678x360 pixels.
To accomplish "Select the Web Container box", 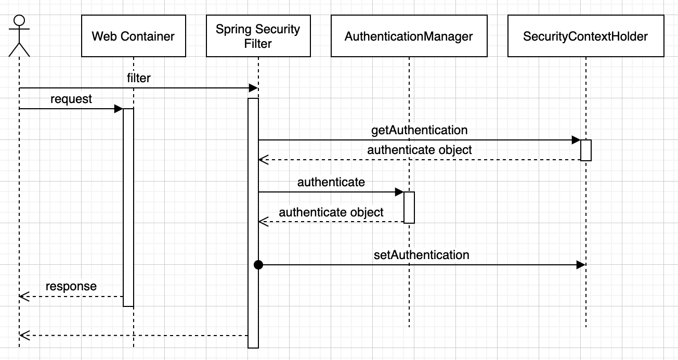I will (133, 36).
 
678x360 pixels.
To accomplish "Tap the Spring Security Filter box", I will (258, 36).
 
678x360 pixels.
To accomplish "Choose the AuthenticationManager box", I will (409, 36).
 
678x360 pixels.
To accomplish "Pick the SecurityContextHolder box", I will (585, 36).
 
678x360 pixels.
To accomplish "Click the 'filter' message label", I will (138, 78).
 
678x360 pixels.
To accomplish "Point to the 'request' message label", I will (71, 99).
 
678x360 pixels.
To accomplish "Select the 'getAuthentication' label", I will (419, 130).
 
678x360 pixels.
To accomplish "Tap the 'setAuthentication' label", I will (421, 254).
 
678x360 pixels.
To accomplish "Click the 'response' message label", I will (71, 286).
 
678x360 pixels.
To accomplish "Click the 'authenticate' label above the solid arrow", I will (331, 182).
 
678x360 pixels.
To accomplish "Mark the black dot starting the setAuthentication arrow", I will (258, 265).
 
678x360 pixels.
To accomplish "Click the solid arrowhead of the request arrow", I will (119, 109).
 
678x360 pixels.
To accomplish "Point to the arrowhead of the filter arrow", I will (254, 88).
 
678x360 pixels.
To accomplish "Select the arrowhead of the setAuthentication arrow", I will (581, 265).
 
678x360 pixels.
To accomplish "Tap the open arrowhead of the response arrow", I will (23, 296).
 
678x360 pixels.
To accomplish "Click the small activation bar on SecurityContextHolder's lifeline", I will (586, 150).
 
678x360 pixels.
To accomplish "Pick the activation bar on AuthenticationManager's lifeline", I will (409, 207).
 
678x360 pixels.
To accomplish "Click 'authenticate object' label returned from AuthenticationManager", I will (331, 212).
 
